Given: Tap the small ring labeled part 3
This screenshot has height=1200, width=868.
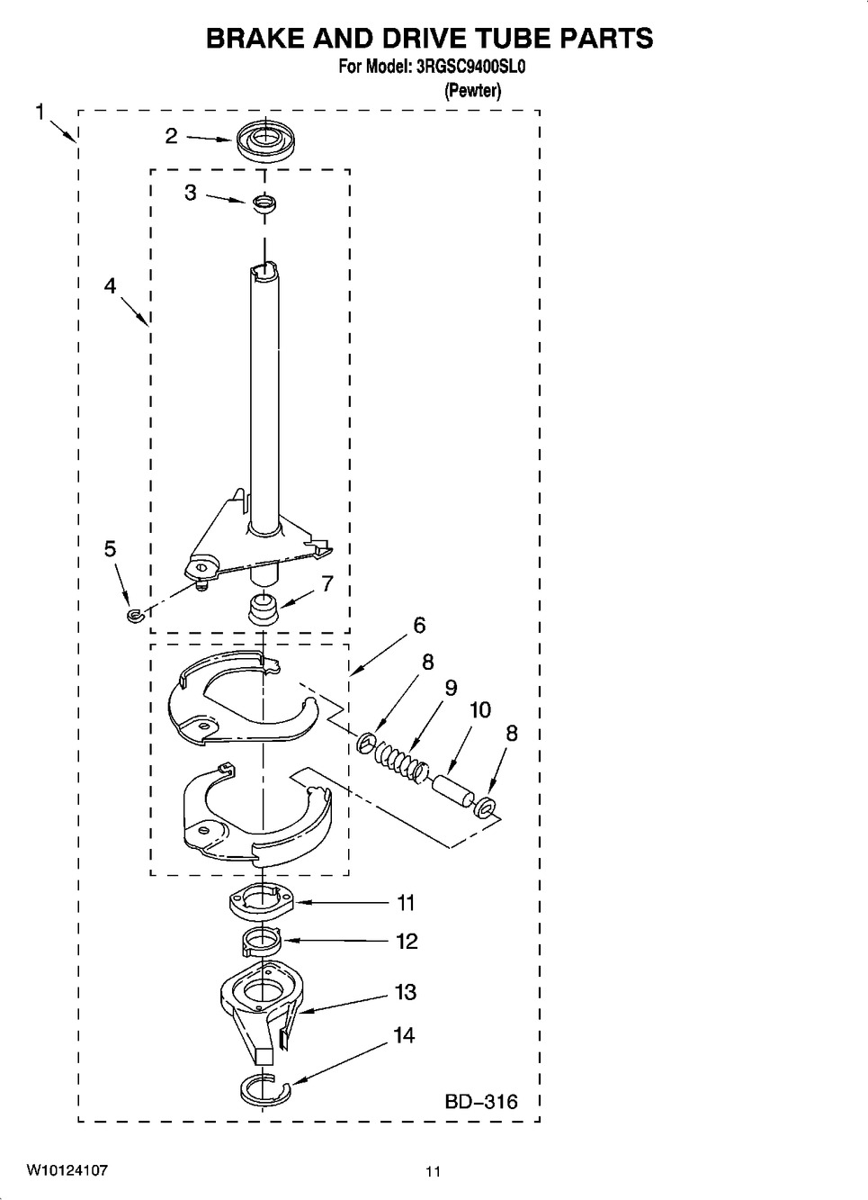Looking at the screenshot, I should coord(263,203).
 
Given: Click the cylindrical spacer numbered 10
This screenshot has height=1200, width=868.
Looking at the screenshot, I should coord(453,789).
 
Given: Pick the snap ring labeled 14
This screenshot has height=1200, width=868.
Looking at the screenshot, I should coord(264,1090).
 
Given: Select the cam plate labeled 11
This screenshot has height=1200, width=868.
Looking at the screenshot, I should coord(262,901).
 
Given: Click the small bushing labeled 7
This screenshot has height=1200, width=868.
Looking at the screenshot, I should coord(264,611).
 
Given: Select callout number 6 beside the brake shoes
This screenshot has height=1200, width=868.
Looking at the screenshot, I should coord(418,625).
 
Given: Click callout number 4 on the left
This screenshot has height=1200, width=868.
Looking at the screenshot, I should coord(110,286).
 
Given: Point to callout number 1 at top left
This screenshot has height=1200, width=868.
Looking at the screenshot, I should coord(40,112).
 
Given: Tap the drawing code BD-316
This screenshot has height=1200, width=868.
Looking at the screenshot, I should coord(481,1101).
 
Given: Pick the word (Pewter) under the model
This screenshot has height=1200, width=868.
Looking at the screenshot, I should coord(473,90).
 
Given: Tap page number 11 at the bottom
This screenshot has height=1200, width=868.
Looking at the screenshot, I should coord(434,1172).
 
